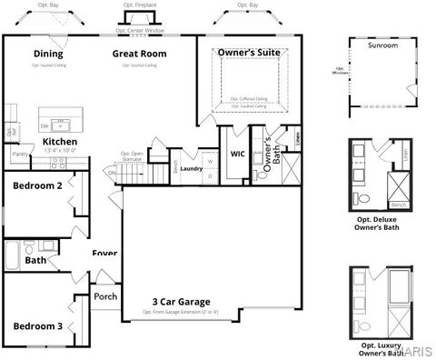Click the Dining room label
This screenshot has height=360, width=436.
click(x=48, y=54)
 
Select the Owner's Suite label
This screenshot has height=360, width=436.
click(x=248, y=54)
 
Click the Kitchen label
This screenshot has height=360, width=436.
click(x=59, y=142)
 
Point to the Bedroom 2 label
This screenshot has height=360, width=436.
click(x=37, y=185)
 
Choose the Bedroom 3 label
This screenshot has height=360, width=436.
click(x=37, y=325)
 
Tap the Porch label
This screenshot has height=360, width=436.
click(x=105, y=296)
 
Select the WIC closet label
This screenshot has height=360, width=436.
click(x=238, y=155)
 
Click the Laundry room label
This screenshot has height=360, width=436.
click(x=191, y=168)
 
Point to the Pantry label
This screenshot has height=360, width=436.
click(x=19, y=155)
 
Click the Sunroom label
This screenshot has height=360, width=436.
click(x=382, y=45)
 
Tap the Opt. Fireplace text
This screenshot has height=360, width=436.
click(x=139, y=5)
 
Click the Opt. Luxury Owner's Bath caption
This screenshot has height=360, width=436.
click(x=381, y=349)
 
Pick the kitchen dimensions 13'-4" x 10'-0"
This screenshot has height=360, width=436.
click(x=59, y=152)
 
